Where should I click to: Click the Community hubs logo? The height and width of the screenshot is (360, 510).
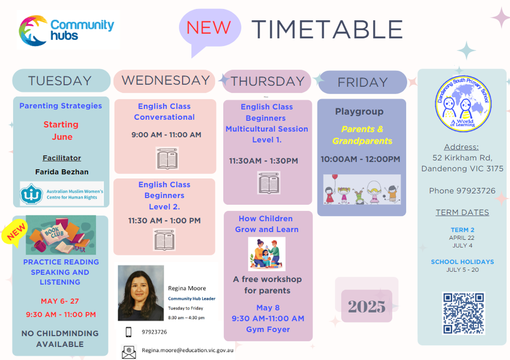click(68, 30)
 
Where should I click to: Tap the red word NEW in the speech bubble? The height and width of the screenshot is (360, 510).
click(209, 28)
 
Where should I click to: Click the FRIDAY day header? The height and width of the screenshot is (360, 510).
click(363, 82)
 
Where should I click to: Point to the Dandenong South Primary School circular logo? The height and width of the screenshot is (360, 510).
click(463, 104)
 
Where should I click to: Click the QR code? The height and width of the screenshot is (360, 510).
click(463, 313)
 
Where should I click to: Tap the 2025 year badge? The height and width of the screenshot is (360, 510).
click(366, 306)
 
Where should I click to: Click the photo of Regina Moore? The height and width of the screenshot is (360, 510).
click(141, 293)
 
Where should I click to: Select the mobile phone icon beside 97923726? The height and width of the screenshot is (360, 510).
click(129, 332)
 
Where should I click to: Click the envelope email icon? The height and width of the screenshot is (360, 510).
click(129, 352)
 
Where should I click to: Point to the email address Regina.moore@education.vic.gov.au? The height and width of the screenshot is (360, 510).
click(187, 350)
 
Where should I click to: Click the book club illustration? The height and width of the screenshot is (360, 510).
click(61, 235)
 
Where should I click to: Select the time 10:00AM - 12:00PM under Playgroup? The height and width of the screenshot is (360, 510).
click(360, 159)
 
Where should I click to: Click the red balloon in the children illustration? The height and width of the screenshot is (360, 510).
click(335, 177)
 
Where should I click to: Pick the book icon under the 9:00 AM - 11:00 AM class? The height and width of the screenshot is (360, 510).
click(167, 158)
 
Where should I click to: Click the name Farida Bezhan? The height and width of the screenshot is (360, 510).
click(62, 172)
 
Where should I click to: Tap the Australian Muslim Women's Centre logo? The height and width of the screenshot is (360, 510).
click(62, 194)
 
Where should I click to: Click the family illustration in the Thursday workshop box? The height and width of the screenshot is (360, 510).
click(266, 254)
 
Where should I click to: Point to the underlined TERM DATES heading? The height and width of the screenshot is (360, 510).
click(462, 212)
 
